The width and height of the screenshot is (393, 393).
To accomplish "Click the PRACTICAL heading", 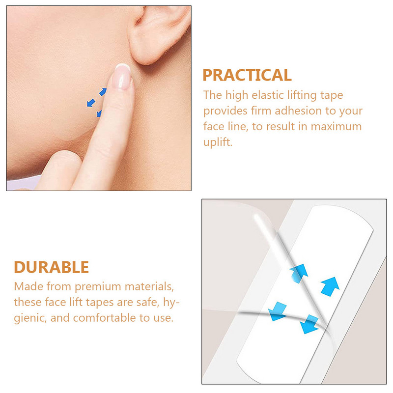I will tap(247, 75).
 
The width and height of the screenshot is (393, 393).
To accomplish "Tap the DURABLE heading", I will tap(52, 267).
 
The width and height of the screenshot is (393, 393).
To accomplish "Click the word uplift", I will tap(218, 142).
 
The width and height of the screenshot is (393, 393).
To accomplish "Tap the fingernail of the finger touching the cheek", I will tap(122, 77).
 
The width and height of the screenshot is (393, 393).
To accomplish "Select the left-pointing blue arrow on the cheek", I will tap(91, 103).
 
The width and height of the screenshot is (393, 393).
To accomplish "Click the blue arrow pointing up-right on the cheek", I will tap(103, 92).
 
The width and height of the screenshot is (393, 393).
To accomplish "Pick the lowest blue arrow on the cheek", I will tap(99, 113).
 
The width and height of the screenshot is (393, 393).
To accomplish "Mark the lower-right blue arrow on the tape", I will tap(310, 324).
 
